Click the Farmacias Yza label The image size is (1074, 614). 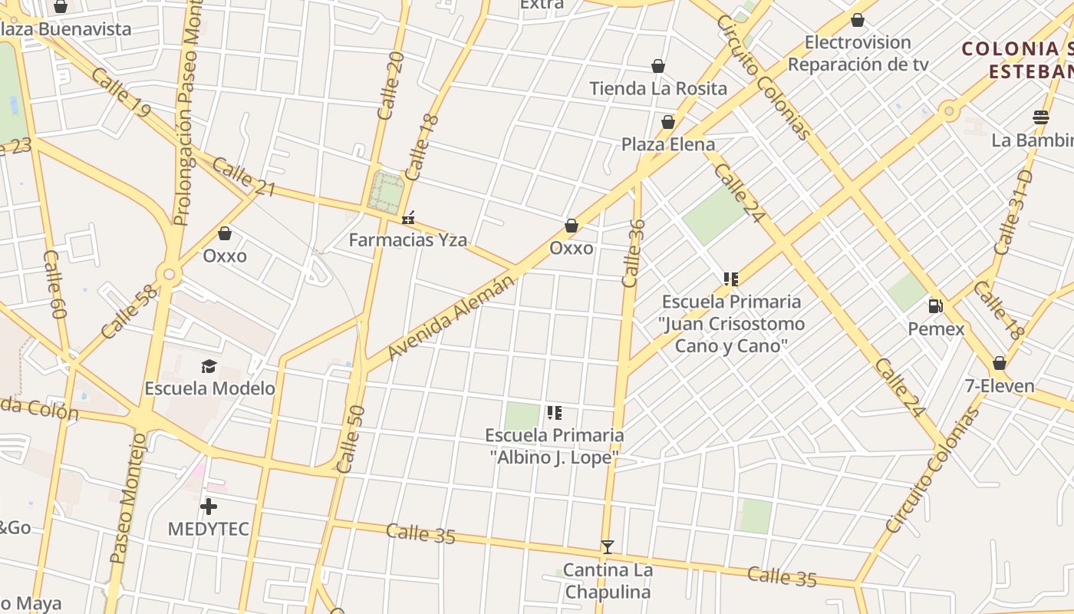pos(407,240)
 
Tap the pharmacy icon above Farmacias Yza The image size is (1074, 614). pos(408,219)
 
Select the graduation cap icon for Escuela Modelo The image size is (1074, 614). pos(209,366)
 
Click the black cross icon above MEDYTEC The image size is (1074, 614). pos(208,507)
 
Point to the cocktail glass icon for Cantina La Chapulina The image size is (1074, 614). pos(608,547)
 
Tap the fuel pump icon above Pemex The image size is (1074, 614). pos(935,306)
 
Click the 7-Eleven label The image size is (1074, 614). pos(1000,385)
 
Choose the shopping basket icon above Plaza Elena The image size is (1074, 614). pos(668,122)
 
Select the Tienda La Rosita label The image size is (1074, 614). pos(658,88)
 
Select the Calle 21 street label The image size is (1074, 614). pos(243,176)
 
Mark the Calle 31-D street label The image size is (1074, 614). pos(1013,213)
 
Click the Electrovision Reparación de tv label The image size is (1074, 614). pos(858,53)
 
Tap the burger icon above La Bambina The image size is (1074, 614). pos(1041,117)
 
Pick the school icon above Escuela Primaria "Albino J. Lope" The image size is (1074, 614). pos(555,413)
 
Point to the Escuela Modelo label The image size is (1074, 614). pos(209,388)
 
